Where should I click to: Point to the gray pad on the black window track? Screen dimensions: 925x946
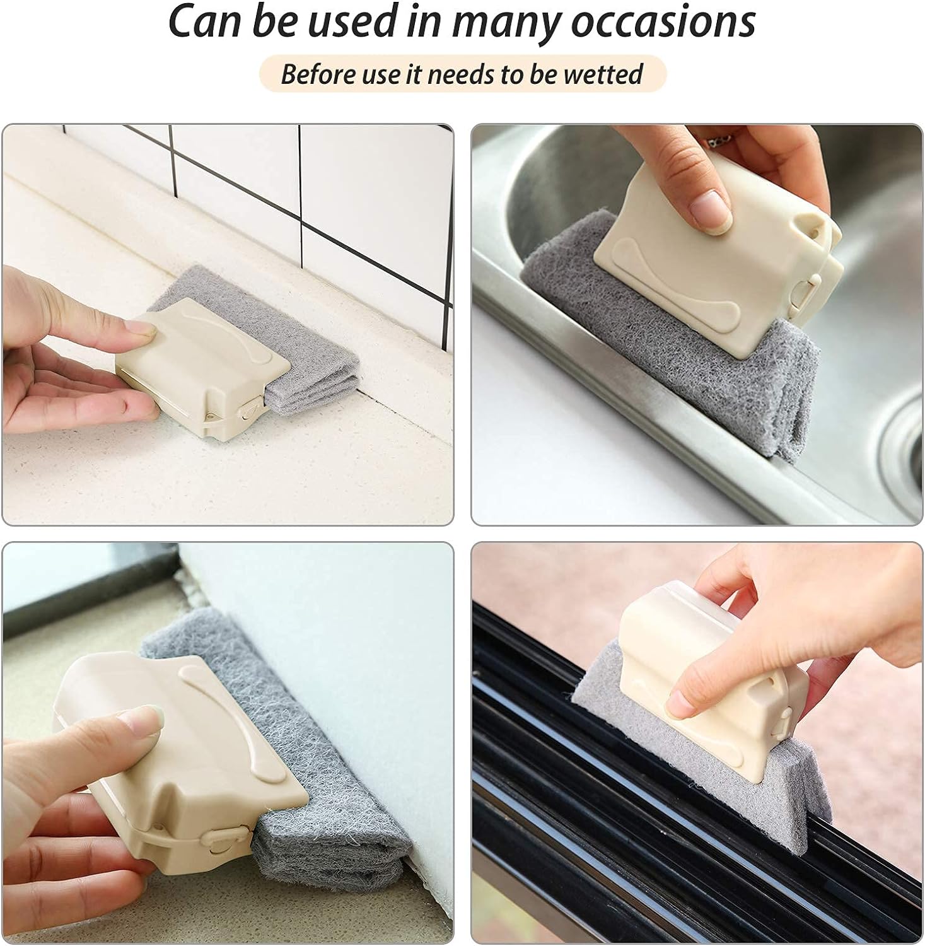(713, 725)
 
